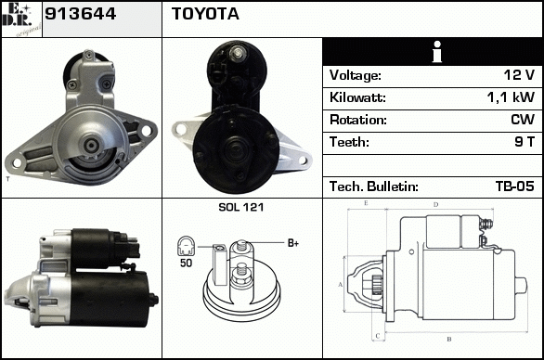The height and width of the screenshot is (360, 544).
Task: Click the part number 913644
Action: click(80, 14)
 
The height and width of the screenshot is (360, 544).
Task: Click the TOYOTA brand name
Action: click(205, 14)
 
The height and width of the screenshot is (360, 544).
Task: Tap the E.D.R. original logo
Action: click(21, 19)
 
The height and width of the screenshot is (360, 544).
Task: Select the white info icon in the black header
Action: click(437, 52)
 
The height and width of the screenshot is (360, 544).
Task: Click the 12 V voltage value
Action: click(519, 75)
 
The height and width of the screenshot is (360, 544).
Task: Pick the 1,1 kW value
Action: click(511, 97)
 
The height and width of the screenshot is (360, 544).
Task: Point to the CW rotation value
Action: click(523, 120)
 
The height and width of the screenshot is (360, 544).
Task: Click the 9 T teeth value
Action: click(525, 142)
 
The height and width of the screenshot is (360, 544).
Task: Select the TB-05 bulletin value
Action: click(515, 186)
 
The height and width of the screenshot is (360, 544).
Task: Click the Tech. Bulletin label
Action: click(374, 186)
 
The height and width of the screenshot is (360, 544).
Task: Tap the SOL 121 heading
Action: click(241, 207)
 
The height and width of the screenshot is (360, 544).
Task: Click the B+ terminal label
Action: click(293, 243)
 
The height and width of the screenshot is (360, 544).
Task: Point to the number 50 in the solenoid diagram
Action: click(186, 263)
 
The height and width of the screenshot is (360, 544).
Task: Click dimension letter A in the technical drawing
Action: click(341, 285)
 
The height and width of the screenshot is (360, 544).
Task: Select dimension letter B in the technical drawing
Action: click(449, 339)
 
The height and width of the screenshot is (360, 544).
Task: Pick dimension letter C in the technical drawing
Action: click(378, 335)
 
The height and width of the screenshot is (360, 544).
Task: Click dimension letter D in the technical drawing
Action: click(436, 205)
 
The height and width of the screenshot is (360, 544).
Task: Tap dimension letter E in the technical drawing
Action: click(366, 203)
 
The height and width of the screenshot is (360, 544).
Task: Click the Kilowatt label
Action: click(357, 97)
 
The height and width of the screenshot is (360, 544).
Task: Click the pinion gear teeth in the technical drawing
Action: click(377, 285)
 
